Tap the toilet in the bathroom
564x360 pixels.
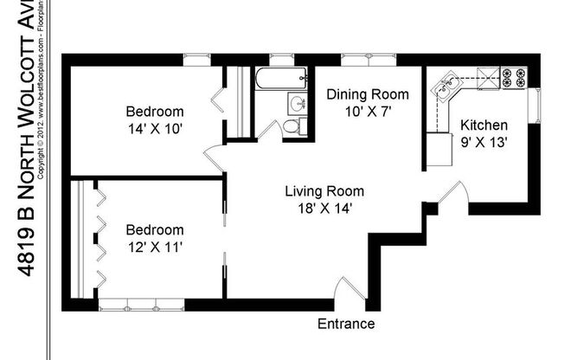pos(292,126)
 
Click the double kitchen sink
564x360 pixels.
pos(448,84)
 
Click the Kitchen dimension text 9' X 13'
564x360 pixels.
pos(483,139)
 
